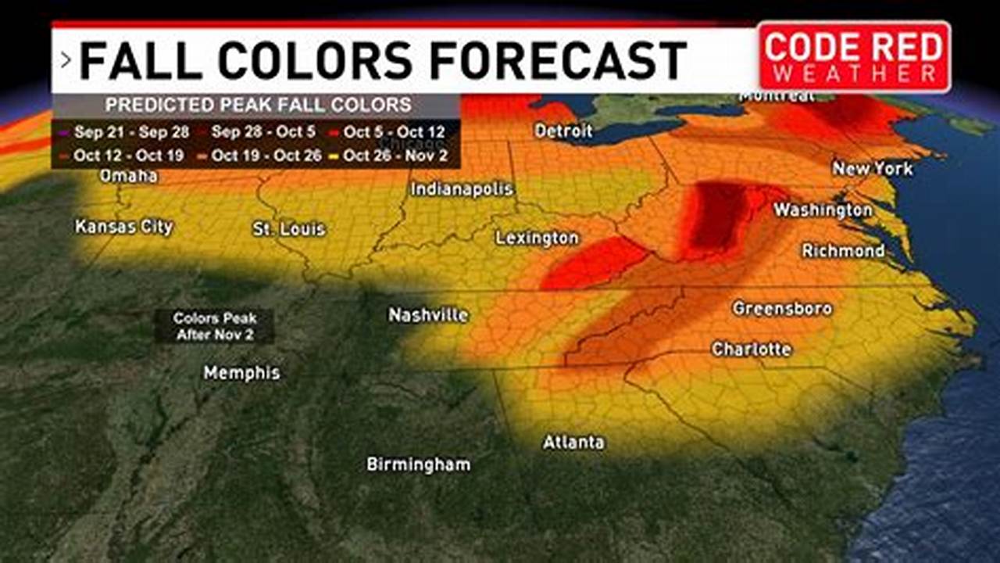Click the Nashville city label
tap(428, 315)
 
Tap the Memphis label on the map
tap(241, 373)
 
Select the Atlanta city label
tap(573, 443)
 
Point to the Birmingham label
tap(419, 464)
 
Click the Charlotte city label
tap(752, 350)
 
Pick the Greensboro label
tap(782, 309)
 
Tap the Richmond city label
tap(843, 251)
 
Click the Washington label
tap(823, 210)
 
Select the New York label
tap(873, 168)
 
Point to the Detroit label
tap(563, 131)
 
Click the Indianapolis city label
tap(462, 189)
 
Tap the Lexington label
tap(537, 238)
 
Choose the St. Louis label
tap(289, 230)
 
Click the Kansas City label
tap(124, 227)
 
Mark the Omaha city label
tap(129, 177)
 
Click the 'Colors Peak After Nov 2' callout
tap(215, 326)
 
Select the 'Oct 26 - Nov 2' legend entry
tap(395, 156)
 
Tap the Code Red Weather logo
tap(854, 56)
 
